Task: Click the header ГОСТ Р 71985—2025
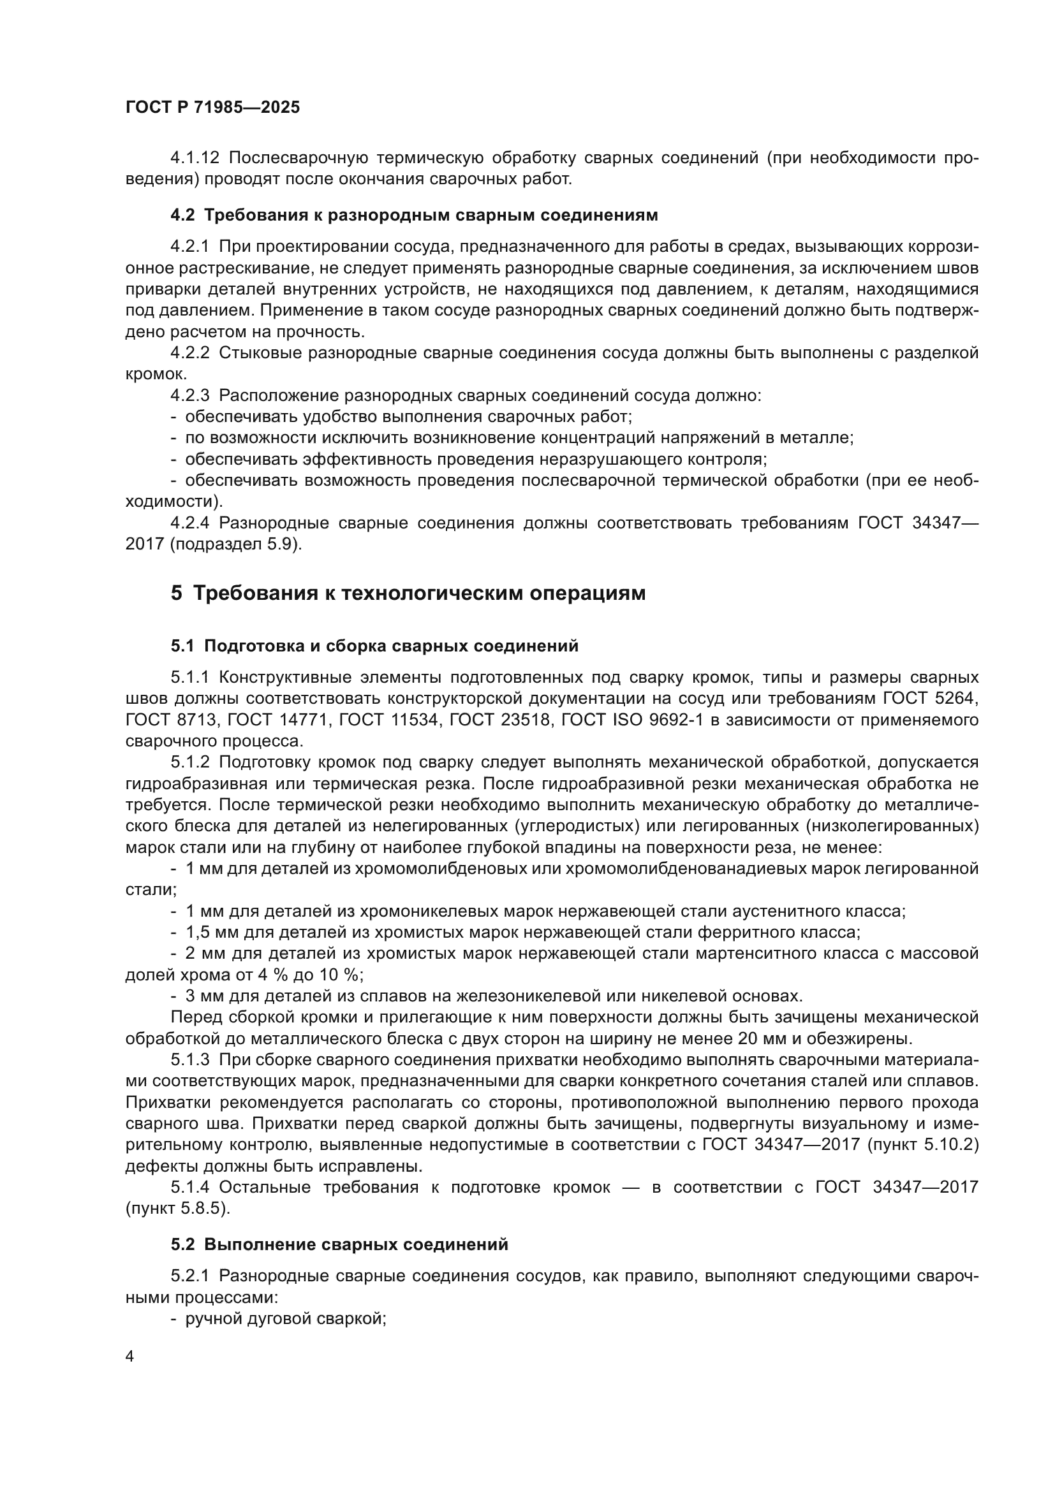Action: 212,108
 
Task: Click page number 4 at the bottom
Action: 129,1356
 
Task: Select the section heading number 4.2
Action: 182,215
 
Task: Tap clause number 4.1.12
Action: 195,158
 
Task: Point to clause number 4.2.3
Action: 189,395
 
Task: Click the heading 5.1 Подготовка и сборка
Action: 374,646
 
